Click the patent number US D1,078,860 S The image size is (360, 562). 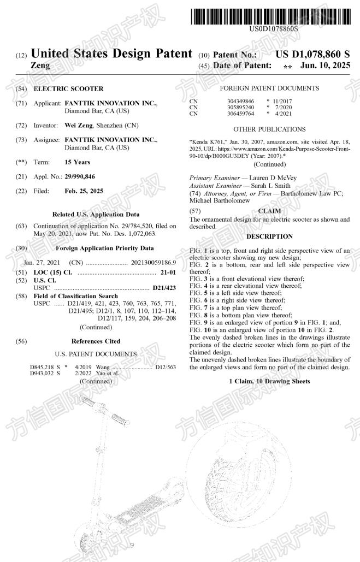312,55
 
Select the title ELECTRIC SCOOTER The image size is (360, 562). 68,88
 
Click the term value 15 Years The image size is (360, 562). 78,162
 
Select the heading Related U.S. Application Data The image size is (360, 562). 96,215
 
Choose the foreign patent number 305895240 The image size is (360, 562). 240,107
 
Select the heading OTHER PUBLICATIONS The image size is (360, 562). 269,129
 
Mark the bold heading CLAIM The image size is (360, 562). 269,210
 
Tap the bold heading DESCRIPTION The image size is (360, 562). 269,236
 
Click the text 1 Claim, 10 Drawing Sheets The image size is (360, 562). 270,381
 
